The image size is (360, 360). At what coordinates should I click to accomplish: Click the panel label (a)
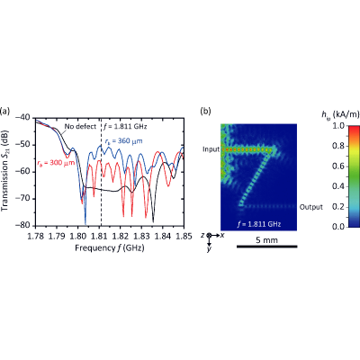pyautogui.click(x=5, y=111)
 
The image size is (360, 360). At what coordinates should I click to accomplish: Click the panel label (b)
pyautogui.click(x=205, y=111)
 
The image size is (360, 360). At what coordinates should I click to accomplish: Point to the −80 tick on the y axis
pyautogui.click(x=24, y=226)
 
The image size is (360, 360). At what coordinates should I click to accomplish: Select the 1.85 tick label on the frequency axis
pyautogui.click(x=184, y=237)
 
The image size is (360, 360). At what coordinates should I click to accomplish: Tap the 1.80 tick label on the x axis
pyautogui.click(x=77, y=237)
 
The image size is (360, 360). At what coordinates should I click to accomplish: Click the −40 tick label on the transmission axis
pyautogui.click(x=24, y=118)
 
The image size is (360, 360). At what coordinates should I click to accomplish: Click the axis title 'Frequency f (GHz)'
pyautogui.click(x=110, y=248)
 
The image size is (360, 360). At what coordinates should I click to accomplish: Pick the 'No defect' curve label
pyautogui.click(x=80, y=126)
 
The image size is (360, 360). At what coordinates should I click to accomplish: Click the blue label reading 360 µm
pyautogui.click(x=123, y=141)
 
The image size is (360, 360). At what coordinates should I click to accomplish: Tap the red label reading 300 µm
pyautogui.click(x=56, y=163)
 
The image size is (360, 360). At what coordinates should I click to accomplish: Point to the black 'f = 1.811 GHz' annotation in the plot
pyautogui.click(x=125, y=126)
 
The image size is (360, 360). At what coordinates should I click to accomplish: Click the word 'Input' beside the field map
pyautogui.click(x=211, y=149)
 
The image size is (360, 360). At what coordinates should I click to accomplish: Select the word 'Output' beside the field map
pyautogui.click(x=311, y=207)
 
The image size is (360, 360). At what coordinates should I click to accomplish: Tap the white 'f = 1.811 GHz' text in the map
pyautogui.click(x=259, y=224)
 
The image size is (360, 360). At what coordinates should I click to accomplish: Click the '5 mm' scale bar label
pyautogui.click(x=267, y=240)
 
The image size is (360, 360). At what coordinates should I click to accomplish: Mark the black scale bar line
pyautogui.click(x=267, y=247)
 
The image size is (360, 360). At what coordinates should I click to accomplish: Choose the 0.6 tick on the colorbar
pyautogui.click(x=337, y=166)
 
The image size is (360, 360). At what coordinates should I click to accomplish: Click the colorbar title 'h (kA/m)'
pyautogui.click(x=340, y=114)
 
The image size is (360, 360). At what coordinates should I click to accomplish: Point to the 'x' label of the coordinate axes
pyautogui.click(x=222, y=235)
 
